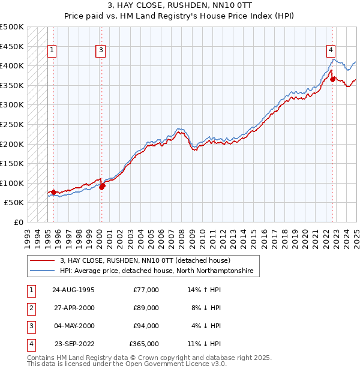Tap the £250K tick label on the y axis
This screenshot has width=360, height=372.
tap(12, 124)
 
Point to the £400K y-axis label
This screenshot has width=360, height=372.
tap(12, 65)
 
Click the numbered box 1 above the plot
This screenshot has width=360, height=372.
tap(53, 51)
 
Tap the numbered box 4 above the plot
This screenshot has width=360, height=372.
tap(331, 51)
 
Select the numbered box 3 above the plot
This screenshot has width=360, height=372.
tap(101, 51)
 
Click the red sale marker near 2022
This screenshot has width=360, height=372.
tap(332, 79)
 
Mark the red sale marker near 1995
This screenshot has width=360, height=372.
tap(53, 192)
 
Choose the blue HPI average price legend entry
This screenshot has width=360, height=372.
tap(157, 271)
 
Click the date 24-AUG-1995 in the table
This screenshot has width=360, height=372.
tap(73, 290)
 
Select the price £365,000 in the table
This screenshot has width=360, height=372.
tap(144, 344)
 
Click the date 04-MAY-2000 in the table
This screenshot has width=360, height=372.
tap(73, 326)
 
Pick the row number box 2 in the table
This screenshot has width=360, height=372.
tap(30, 308)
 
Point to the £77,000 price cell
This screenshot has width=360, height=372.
tap(146, 290)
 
